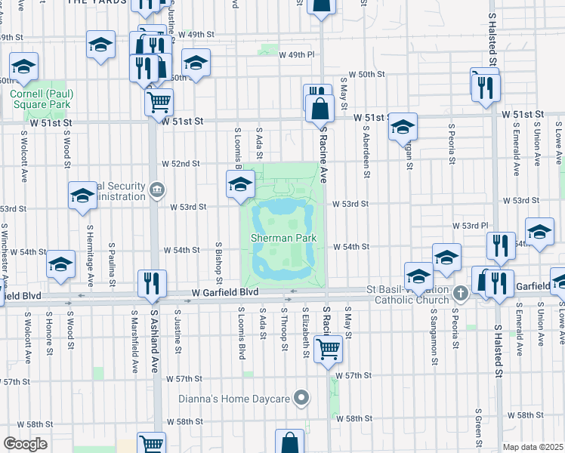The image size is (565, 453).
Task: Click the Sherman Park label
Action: (282, 238)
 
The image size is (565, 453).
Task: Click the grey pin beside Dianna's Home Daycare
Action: (302, 398)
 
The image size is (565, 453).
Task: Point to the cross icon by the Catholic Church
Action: (461, 291)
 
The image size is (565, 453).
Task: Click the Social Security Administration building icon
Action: (157, 189)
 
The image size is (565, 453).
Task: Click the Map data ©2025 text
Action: (533, 447)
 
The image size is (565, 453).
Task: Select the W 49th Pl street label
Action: (296, 54)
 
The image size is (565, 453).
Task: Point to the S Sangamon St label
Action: (433, 340)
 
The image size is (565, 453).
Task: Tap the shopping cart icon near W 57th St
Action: (329, 349)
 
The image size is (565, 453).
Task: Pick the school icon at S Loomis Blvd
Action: (240, 183)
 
